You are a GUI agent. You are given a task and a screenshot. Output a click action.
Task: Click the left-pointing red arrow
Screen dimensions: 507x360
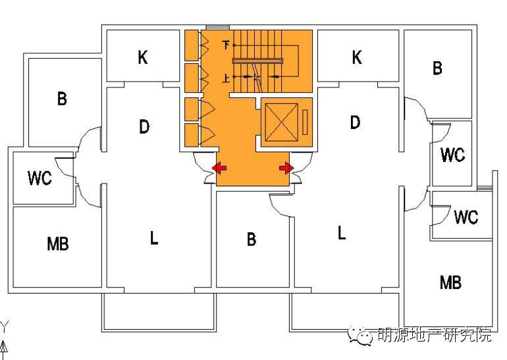coord(219,169)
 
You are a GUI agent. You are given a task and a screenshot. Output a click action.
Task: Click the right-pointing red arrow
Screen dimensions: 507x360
coord(286,169)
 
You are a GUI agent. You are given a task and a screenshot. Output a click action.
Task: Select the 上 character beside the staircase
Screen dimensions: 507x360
coord(227,78)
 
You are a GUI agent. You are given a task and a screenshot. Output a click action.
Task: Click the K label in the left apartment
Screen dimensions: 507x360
coord(143,58)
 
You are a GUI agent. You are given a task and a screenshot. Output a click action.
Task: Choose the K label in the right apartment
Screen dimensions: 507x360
coord(356,58)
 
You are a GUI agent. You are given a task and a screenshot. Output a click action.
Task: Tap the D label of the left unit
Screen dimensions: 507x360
coord(144,126)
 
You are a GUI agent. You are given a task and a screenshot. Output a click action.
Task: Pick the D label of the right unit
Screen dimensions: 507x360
coord(355,122)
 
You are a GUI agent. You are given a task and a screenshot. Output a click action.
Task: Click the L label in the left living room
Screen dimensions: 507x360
coord(153,238)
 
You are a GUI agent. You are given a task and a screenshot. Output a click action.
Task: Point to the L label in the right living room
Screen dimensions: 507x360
coord(341,233)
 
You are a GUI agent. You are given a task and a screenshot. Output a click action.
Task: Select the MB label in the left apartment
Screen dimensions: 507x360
coord(58,244)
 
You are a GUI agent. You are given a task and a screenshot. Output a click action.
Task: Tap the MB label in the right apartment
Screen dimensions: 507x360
coord(450,283)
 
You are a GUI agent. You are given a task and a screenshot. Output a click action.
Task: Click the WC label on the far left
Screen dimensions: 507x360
coord(40,178)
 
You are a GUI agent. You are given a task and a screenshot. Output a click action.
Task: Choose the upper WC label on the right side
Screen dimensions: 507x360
coord(452,155)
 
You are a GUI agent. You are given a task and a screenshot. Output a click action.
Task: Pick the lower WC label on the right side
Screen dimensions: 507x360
coord(466,217)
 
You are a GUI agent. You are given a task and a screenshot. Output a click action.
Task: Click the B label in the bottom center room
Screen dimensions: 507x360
coord(251,240)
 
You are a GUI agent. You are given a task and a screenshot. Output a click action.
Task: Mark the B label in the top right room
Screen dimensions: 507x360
coord(437,68)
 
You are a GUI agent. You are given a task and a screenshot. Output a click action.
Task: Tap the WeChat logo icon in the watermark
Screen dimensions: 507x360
coord(361,336)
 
